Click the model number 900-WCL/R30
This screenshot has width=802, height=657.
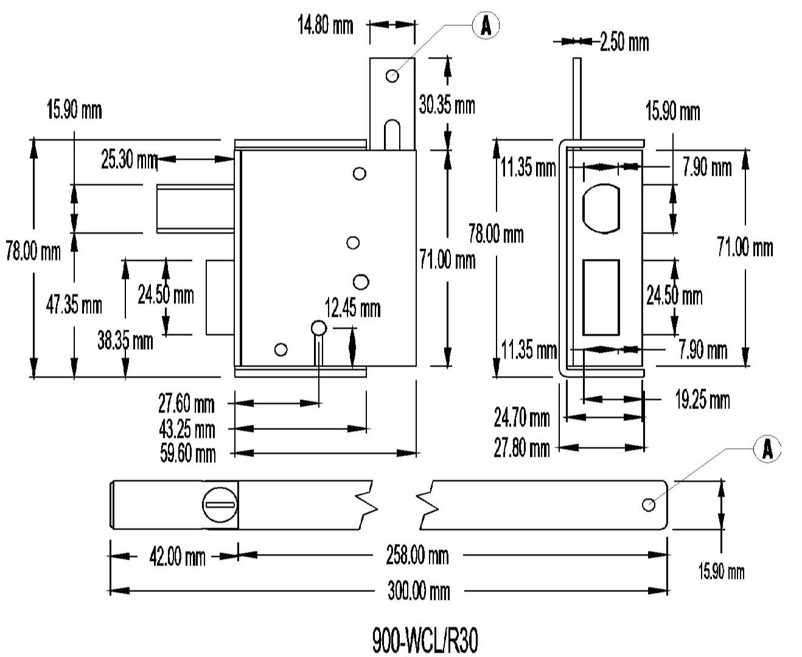(425, 641)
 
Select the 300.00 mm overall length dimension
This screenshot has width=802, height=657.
(418, 591)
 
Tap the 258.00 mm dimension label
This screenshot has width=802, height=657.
(417, 555)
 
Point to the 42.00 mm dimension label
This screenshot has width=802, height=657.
(177, 557)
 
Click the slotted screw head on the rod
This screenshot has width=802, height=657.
(219, 504)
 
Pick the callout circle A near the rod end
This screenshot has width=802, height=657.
(767, 449)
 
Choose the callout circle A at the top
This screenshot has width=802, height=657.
(486, 26)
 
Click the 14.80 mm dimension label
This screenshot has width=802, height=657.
(325, 26)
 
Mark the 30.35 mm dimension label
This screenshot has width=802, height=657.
(447, 105)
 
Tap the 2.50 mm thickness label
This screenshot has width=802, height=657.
(624, 42)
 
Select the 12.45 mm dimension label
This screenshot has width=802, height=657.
(352, 308)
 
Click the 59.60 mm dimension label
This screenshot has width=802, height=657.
(187, 454)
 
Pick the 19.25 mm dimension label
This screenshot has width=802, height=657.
(702, 400)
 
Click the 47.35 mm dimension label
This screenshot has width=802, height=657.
(74, 304)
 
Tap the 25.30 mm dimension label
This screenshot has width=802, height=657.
(129, 160)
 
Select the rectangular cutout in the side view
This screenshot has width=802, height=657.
(601, 297)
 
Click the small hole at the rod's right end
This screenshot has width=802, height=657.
(649, 504)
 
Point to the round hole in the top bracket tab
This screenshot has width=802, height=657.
(392, 75)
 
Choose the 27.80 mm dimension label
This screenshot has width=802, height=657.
(521, 448)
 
